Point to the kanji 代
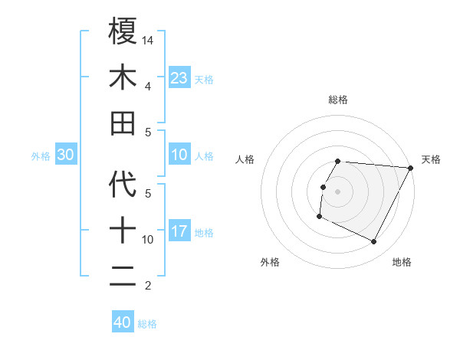pyautogui.click(x=123, y=185)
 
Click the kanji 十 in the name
pyautogui.click(x=123, y=231)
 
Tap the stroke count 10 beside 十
pyautogui.click(x=148, y=240)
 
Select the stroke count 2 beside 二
pyautogui.click(x=148, y=286)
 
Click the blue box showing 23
pyautogui.click(x=179, y=77)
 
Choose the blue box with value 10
pyautogui.click(x=179, y=155)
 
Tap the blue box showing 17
pyautogui.click(x=179, y=231)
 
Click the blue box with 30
pyautogui.click(x=65, y=155)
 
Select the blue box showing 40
pyautogui.click(x=122, y=322)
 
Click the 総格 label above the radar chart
pyautogui.click(x=337, y=100)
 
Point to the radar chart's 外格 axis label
pyautogui.click(x=270, y=262)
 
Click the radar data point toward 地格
pyautogui.click(x=374, y=242)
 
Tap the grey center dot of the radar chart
pyautogui.click(x=337, y=191)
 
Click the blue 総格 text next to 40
pyautogui.click(x=147, y=324)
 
